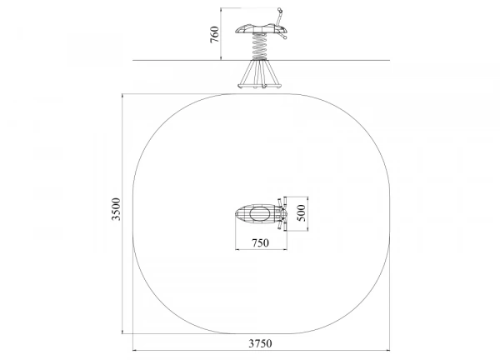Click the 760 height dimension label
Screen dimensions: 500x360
(215, 34)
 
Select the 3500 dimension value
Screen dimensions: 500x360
(116, 209)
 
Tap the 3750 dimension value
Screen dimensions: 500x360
(260, 343)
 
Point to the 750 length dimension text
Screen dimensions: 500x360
(260, 243)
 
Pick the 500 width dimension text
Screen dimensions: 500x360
(301, 213)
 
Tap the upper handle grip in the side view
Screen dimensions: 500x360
(280, 10)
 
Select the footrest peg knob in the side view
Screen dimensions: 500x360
(285, 37)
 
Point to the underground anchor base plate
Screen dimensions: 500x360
(259, 86)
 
